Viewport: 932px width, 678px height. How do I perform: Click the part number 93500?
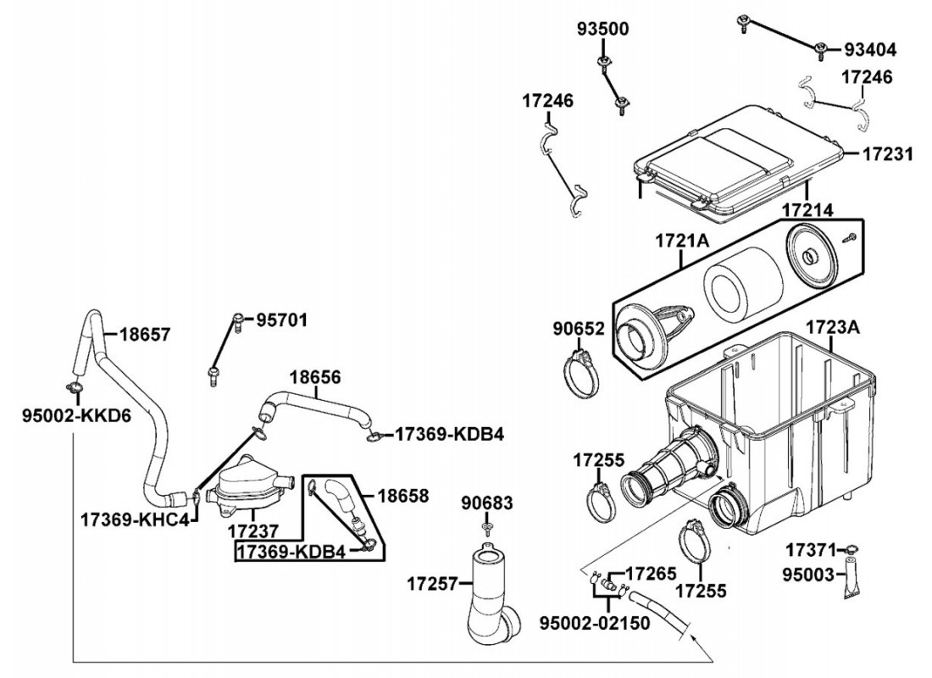(x=602, y=29)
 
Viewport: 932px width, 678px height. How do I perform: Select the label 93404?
(x=869, y=50)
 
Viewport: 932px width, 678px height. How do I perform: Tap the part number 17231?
(x=887, y=154)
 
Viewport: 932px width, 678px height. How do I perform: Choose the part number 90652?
(x=579, y=328)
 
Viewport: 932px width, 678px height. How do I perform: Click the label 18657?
(x=145, y=334)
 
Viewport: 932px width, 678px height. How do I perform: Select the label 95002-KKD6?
(x=76, y=415)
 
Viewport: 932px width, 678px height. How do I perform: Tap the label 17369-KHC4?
(x=135, y=520)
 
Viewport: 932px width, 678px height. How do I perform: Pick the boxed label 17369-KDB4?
(x=291, y=552)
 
